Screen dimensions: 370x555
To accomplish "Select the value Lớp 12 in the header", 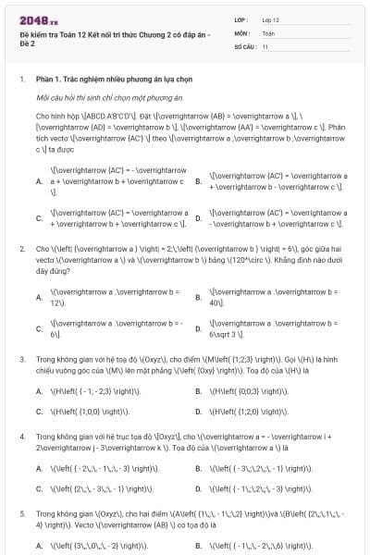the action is [270, 19].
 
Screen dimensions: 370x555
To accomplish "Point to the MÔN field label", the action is [241, 32].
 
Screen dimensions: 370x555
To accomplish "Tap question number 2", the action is [21, 249].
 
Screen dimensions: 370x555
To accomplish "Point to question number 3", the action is [21, 358].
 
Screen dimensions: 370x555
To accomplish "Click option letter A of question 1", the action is [39, 181].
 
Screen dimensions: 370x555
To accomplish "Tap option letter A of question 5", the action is [39, 546].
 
